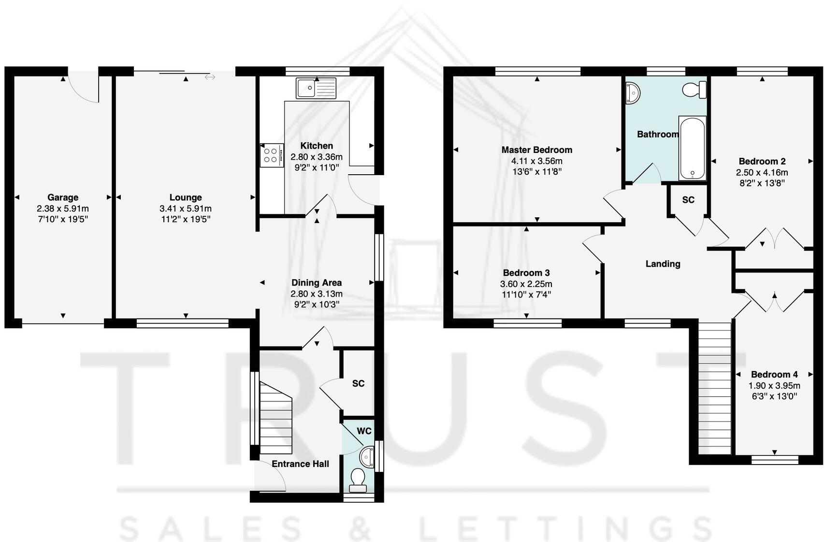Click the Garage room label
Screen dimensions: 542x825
click(x=63, y=197)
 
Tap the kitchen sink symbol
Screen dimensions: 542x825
click(x=316, y=89)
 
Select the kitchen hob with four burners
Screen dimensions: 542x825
click(x=271, y=155)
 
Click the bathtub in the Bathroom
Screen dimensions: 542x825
click(x=693, y=148)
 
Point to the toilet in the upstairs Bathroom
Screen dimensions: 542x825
click(x=695, y=90)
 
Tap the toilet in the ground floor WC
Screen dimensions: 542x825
click(x=358, y=479)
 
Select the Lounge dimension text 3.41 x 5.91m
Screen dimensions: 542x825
click(x=186, y=209)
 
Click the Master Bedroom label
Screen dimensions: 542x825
click(x=536, y=150)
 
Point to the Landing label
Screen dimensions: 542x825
click(x=663, y=264)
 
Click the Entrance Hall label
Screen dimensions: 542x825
click(x=300, y=464)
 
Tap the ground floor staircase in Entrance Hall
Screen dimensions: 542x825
click(x=276, y=416)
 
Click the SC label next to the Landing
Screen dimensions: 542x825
click(x=688, y=200)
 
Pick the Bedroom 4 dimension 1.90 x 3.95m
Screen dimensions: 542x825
click(x=774, y=386)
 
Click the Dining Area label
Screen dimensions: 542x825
click(x=316, y=283)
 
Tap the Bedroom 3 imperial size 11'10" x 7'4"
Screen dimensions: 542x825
click(x=527, y=295)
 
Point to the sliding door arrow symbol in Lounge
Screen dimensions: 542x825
click(x=210, y=77)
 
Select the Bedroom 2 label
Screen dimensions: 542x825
click(x=762, y=162)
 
